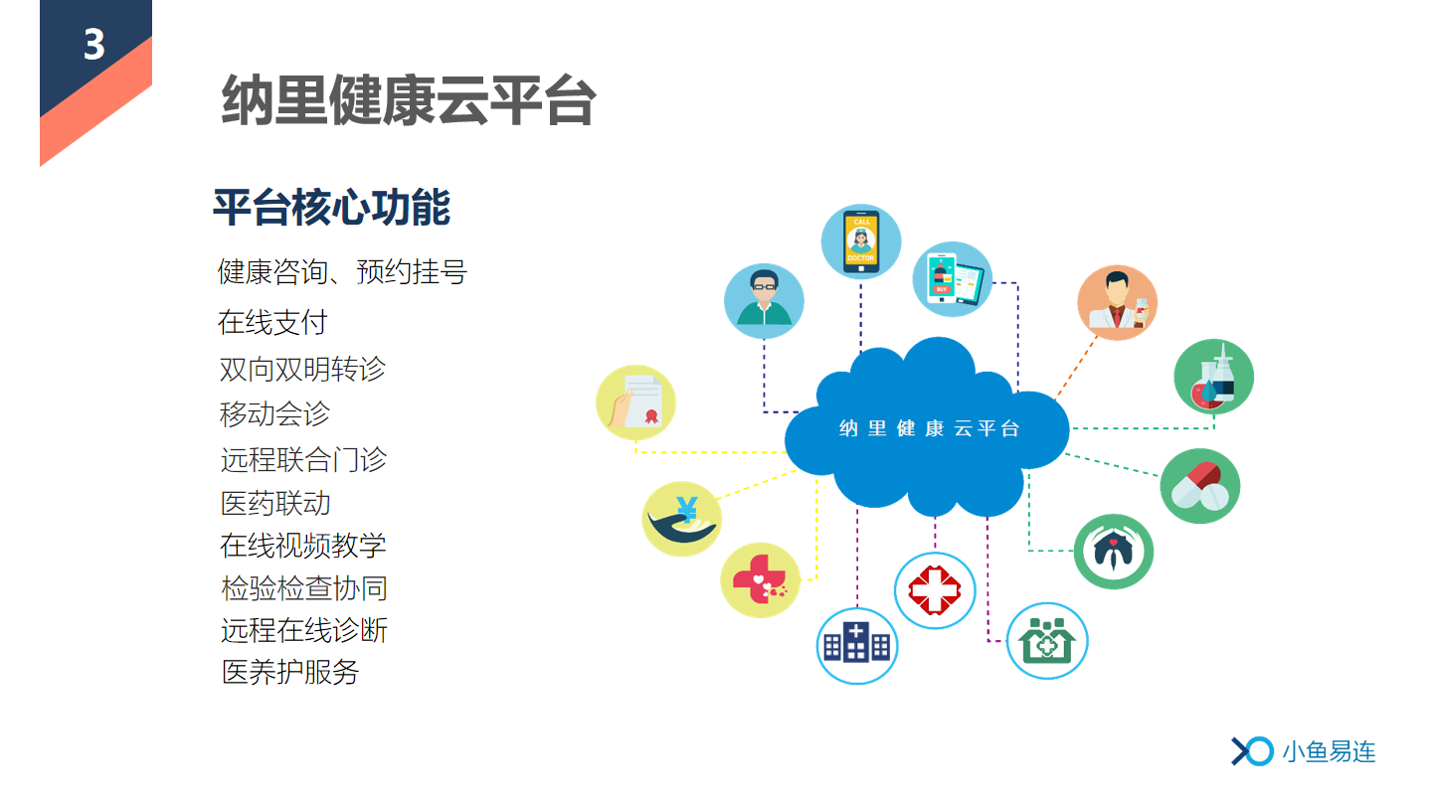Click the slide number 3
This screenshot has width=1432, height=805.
click(93, 45)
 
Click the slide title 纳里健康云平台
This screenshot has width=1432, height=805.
click(409, 100)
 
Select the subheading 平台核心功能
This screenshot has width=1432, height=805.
click(332, 208)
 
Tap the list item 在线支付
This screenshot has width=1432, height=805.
click(272, 322)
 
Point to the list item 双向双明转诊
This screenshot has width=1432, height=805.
click(302, 369)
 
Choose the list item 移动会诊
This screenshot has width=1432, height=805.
click(274, 413)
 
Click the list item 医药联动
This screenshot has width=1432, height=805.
click(275, 504)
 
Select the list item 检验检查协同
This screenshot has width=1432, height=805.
click(304, 588)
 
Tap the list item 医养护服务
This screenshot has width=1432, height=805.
click(290, 672)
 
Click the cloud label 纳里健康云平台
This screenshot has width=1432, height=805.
click(929, 428)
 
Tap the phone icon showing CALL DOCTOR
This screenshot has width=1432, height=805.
click(861, 241)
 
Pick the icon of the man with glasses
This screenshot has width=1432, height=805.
click(764, 301)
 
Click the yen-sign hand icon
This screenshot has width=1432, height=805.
click(681, 519)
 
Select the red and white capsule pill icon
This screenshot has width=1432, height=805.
click(1200, 486)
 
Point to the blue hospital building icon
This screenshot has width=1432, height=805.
click(857, 646)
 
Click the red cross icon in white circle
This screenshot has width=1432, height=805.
click(935, 590)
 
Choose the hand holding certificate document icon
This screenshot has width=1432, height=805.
click(635, 402)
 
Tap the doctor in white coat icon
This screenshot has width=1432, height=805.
click(1118, 303)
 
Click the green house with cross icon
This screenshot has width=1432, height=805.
click(1047, 641)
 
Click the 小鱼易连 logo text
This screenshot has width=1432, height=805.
click(1329, 751)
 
